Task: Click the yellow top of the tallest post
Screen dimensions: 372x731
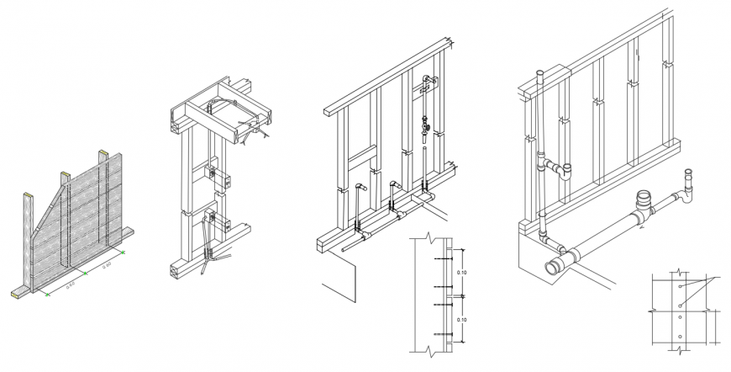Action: click(103, 153)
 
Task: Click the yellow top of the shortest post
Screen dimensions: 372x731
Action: click(27, 196)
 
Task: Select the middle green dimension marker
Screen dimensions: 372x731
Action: click(84, 272)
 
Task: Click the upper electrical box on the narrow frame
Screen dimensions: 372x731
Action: click(213, 175)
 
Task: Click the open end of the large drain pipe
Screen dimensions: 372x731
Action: click(555, 268)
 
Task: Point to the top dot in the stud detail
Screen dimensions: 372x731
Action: click(680, 285)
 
